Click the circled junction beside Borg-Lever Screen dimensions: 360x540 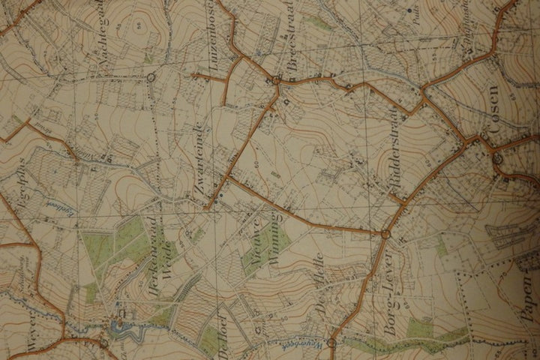pos(385,235)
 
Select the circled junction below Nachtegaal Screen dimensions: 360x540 pos(151,76)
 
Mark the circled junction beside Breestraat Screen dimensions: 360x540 pos(276,79)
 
